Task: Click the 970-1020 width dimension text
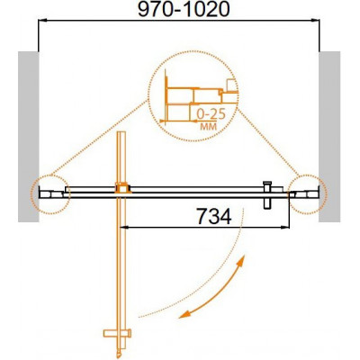(x=184, y=10)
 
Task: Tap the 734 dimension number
(x=213, y=216)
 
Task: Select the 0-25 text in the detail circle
(x=211, y=114)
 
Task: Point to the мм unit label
(x=208, y=127)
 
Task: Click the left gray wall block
(x=29, y=137)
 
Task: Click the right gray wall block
(x=329, y=137)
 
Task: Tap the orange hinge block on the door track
(x=122, y=188)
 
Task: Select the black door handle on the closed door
(x=266, y=195)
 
